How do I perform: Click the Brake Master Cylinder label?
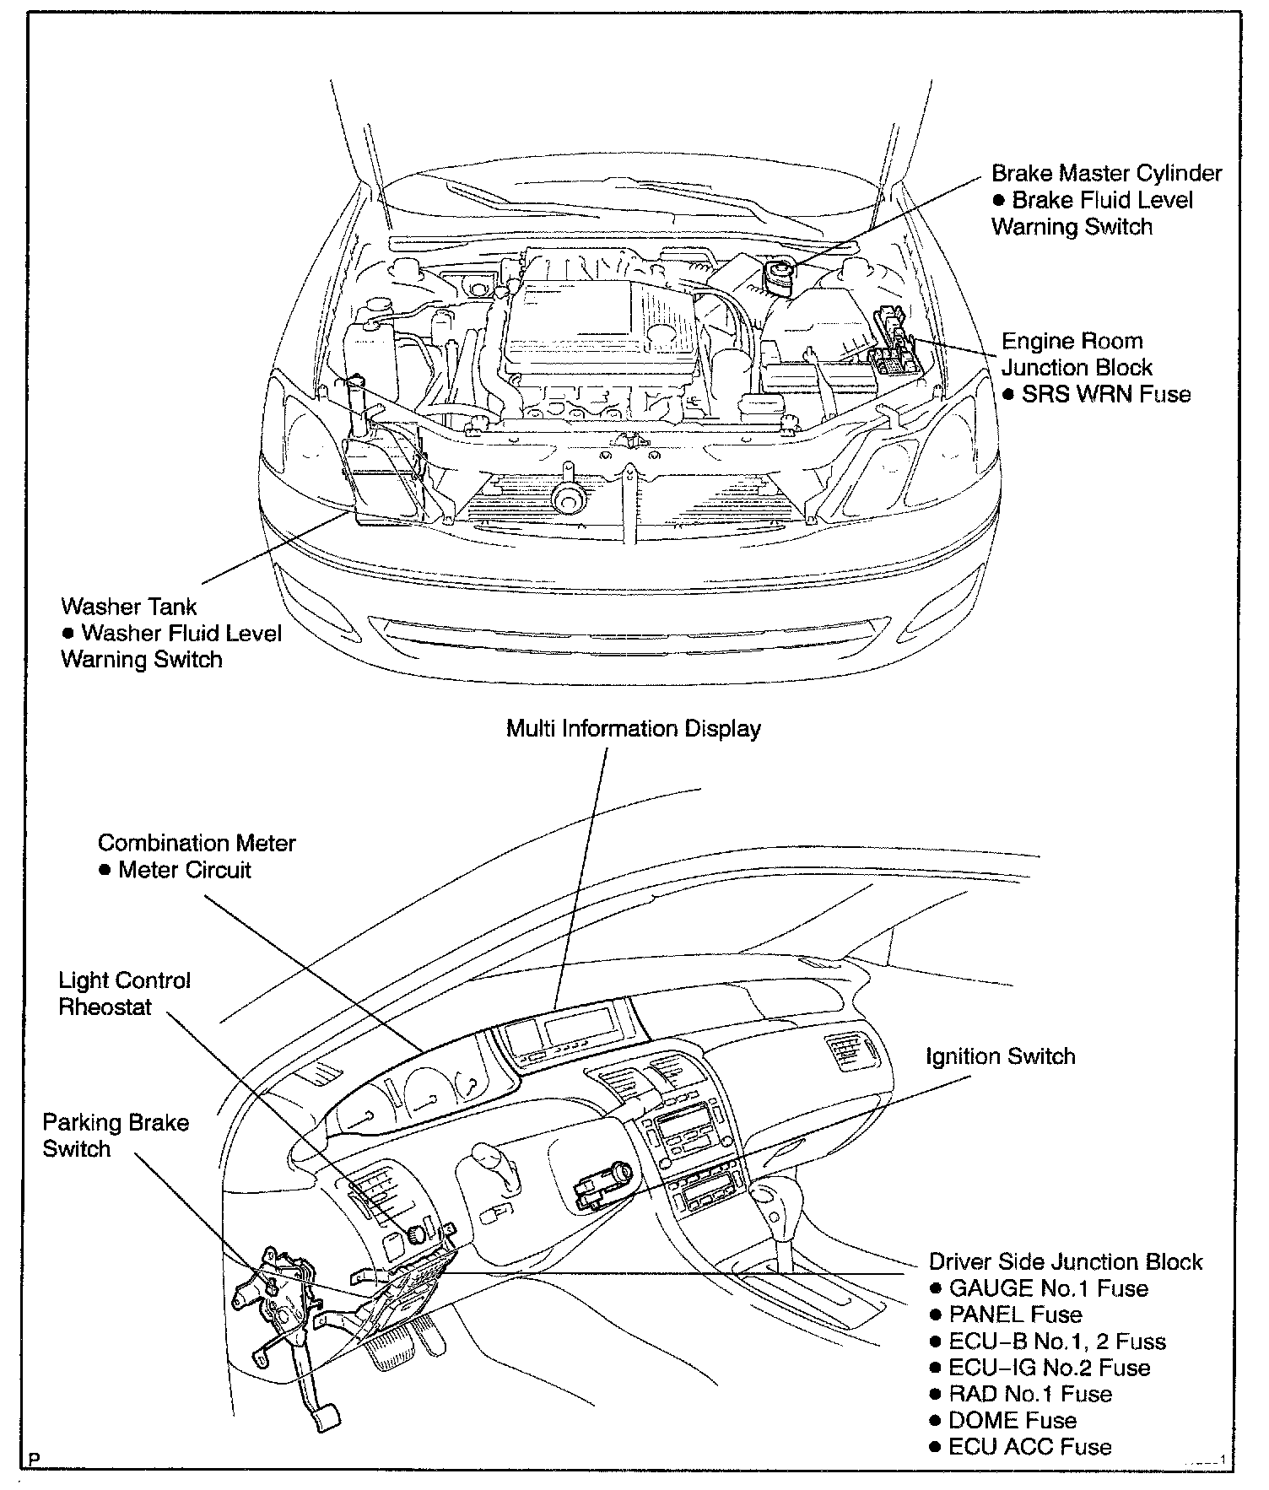tap(1106, 174)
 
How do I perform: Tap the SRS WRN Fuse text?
tap(1105, 394)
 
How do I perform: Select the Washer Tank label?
tap(129, 607)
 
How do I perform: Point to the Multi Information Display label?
tap(633, 729)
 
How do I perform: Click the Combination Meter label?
tap(197, 843)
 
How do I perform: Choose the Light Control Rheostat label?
tap(124, 994)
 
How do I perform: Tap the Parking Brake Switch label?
tap(116, 1136)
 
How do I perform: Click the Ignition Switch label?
tap(1000, 1056)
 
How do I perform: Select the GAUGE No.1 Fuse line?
tap(1048, 1288)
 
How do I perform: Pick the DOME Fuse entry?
tap(1012, 1420)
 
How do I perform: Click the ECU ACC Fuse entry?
tap(1029, 1446)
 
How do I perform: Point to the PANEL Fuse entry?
tap(1015, 1315)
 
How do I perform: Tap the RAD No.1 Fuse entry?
tap(1029, 1394)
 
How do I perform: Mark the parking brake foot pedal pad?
tap(325, 1417)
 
